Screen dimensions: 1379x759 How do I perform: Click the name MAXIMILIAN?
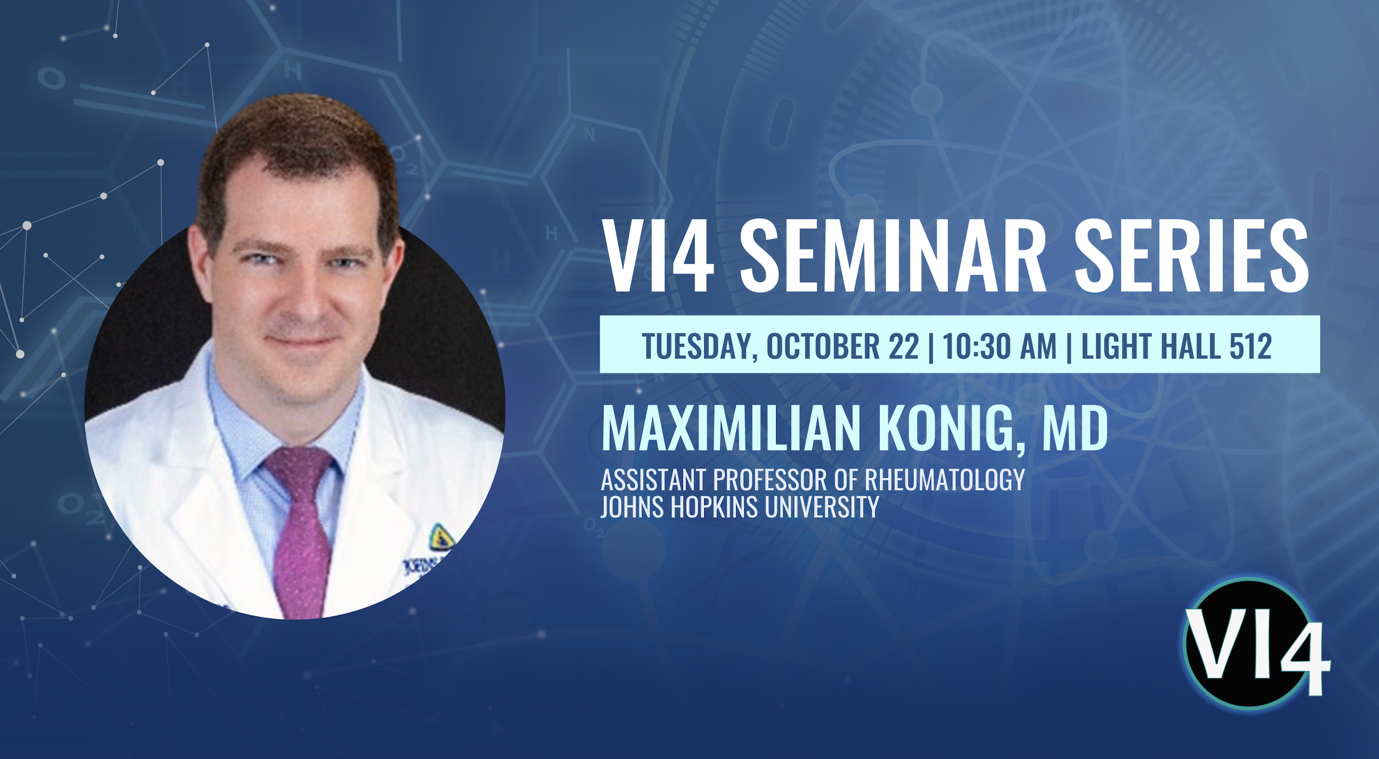(732, 428)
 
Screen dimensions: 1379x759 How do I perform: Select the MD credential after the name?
(1075, 428)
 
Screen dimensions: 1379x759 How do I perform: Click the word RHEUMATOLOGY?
(944, 480)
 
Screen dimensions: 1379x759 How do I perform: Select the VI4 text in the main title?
(658, 256)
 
